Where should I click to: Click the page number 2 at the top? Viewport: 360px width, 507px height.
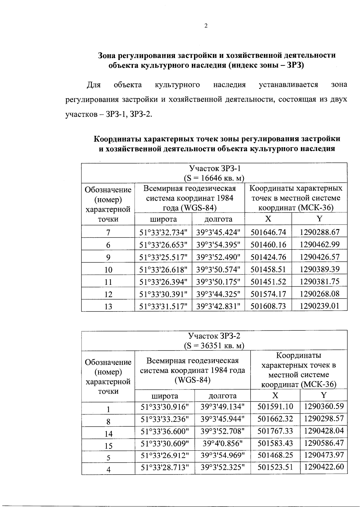[x=206, y=26]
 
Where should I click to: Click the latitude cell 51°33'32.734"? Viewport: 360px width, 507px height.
[x=163, y=232]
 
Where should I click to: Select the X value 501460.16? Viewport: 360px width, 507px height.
[x=268, y=245]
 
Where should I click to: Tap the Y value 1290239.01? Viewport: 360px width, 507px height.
[x=319, y=306]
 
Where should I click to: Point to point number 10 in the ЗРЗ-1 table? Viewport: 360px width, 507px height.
[x=108, y=270]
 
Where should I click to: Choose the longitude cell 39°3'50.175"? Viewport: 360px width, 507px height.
[x=218, y=282]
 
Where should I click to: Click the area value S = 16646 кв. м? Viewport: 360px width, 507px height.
[x=214, y=178]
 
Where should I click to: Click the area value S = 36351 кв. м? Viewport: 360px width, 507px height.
[x=214, y=346]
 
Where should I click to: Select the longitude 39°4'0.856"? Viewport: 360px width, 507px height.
[x=223, y=443]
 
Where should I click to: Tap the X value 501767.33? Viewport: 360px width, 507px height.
[x=275, y=431]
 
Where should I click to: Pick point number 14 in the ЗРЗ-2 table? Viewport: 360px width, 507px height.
[x=108, y=434]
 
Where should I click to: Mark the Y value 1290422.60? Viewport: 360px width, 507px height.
[x=324, y=467]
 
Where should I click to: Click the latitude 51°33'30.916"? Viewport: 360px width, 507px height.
[x=165, y=407]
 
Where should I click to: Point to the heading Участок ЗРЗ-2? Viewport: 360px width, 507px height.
[x=214, y=336]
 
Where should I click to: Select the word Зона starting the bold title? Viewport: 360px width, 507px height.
[x=107, y=55]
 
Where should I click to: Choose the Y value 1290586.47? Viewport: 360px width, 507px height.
[x=324, y=443]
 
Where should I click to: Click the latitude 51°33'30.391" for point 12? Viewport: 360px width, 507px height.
[x=163, y=294]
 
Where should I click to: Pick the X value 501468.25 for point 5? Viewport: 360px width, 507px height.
[x=275, y=455]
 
